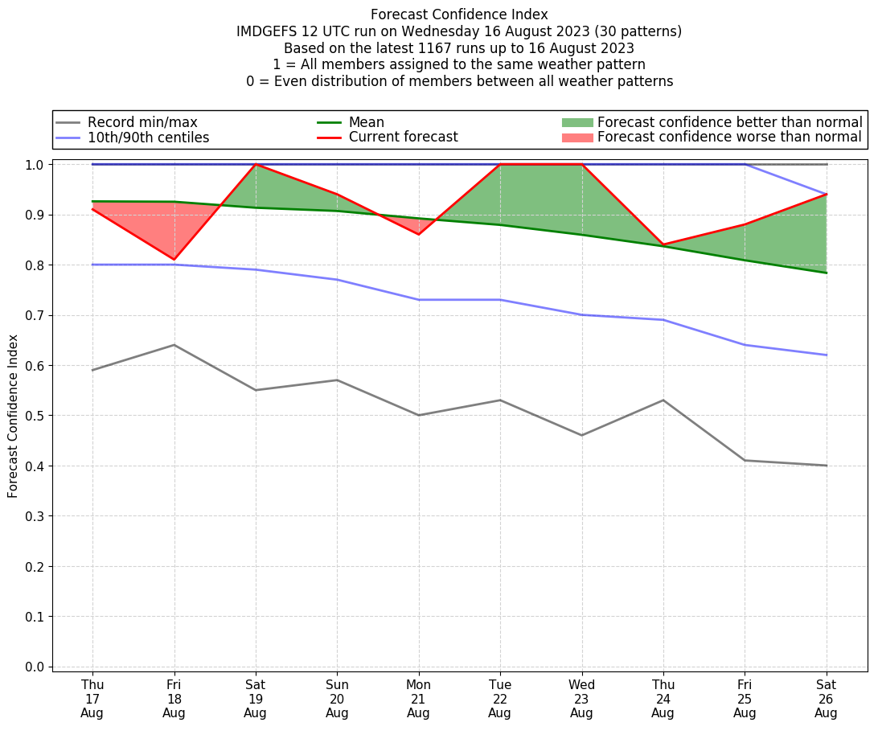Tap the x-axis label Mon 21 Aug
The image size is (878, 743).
pyautogui.click(x=418, y=698)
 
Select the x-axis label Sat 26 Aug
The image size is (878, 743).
pyautogui.click(x=826, y=698)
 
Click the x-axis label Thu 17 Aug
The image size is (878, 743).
pyautogui.click(x=92, y=698)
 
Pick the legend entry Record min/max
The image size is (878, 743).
pyautogui.click(x=142, y=122)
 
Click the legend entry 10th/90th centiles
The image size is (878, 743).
pyautogui.click(x=148, y=138)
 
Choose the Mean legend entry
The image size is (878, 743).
pyautogui.click(x=366, y=122)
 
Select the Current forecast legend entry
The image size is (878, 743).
pyautogui.click(x=403, y=138)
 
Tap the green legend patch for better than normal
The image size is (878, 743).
pyautogui.click(x=576, y=122)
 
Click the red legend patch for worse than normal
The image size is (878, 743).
pyautogui.click(x=576, y=138)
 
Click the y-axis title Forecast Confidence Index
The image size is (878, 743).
pyautogui.click(x=14, y=417)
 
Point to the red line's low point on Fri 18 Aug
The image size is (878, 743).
pyautogui.click(x=174, y=260)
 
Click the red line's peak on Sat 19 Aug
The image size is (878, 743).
pyautogui.click(x=256, y=164)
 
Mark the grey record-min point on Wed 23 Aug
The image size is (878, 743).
pyautogui.click(x=581, y=435)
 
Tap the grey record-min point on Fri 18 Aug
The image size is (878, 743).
pyautogui.click(x=174, y=345)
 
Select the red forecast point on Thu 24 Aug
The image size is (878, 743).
pyautogui.click(x=663, y=244)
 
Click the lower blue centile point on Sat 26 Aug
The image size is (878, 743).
pyautogui.click(x=826, y=355)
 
